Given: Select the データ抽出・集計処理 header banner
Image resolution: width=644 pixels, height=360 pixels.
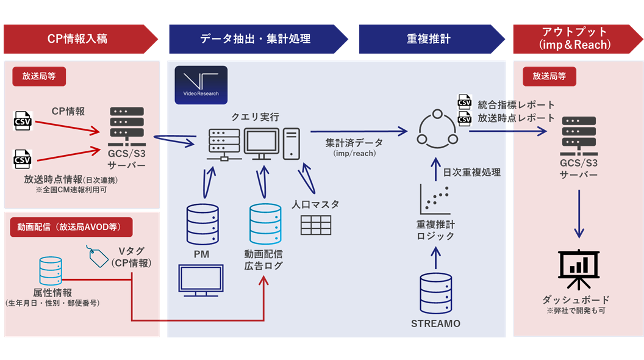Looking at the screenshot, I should coord(255,39).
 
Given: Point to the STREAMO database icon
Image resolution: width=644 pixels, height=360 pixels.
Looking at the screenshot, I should coord(436,293).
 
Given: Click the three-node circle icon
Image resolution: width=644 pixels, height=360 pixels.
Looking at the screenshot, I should coord(436,128).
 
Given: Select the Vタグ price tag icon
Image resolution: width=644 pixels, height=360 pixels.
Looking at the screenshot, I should coord(99,257).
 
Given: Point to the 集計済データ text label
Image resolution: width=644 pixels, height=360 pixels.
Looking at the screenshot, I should coord(354,143).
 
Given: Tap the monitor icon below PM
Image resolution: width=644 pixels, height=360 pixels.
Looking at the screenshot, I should coord(202,281).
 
